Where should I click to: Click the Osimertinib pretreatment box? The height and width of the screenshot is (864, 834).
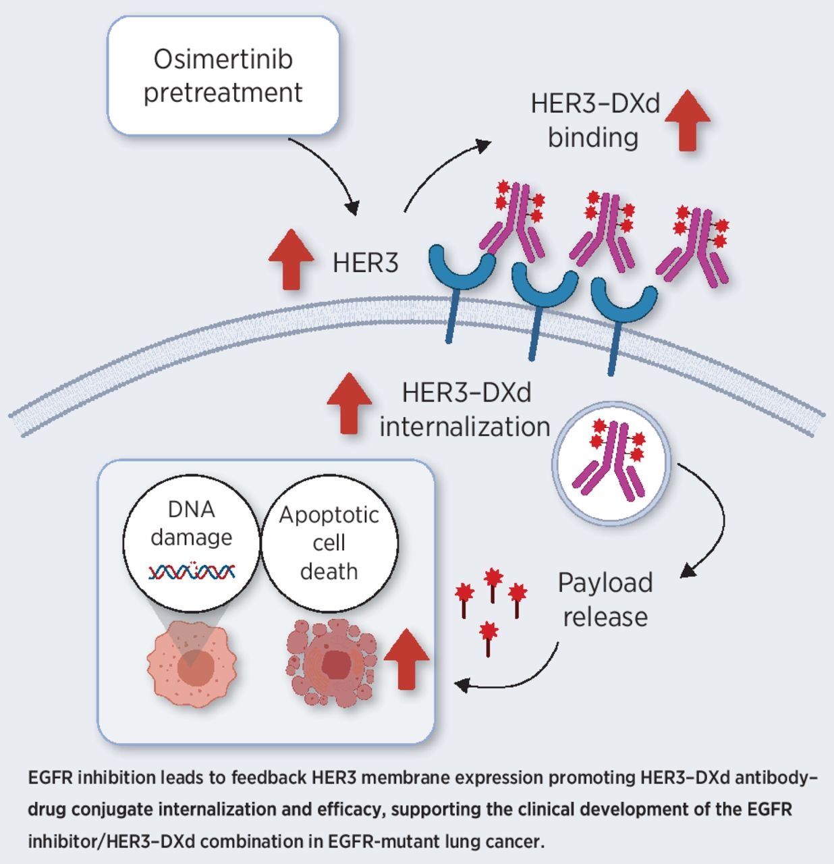[x=223, y=76]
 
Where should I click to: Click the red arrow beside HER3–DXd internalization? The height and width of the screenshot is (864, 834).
[x=349, y=403]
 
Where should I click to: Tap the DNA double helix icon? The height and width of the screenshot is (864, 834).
[x=192, y=572]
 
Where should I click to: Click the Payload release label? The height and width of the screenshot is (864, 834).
[x=605, y=599]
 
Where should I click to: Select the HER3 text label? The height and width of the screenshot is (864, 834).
[x=365, y=263]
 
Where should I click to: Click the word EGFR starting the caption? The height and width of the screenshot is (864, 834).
[x=51, y=778]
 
